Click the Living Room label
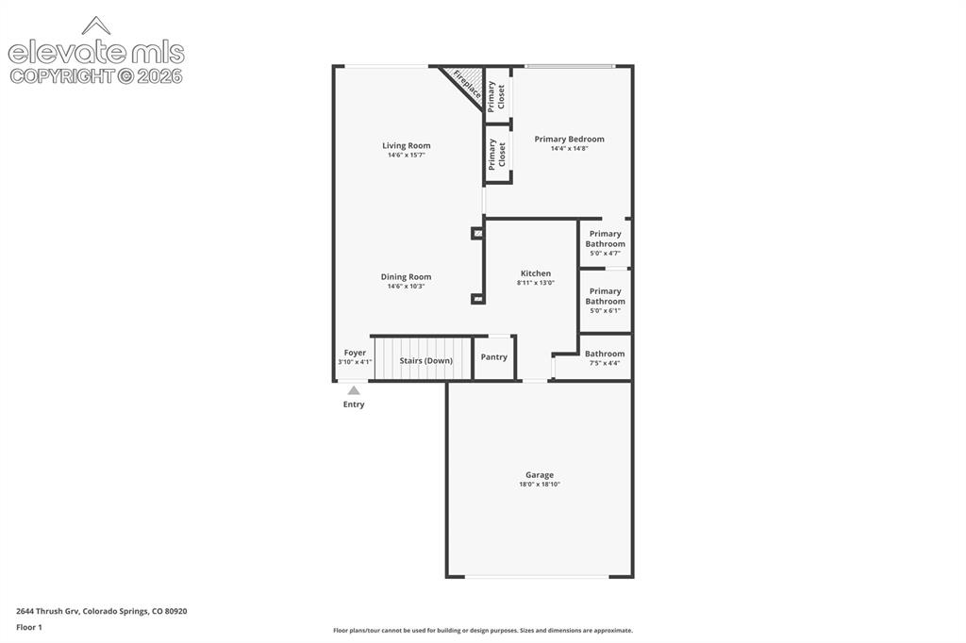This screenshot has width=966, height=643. click(x=406, y=145)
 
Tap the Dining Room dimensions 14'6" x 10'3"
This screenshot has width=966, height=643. click(x=406, y=287)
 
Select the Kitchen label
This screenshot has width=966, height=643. click(x=536, y=273)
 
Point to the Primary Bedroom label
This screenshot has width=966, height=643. click(x=569, y=140)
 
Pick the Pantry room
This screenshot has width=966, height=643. click(x=494, y=357)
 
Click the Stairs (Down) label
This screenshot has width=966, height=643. click(x=425, y=360)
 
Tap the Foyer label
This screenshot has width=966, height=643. click(x=355, y=353)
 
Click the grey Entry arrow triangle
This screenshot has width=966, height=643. click(x=354, y=390)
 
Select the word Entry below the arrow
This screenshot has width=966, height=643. click(x=354, y=404)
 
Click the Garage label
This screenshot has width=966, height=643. click(x=539, y=475)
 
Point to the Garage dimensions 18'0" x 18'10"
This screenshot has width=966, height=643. click(x=539, y=485)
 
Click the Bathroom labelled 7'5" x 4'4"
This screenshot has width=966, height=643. click(x=605, y=357)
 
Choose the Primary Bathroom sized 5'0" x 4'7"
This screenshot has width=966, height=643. click(x=605, y=242)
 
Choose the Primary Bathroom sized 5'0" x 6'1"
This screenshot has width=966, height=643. click(x=605, y=301)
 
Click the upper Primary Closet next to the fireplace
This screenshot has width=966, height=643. click(x=496, y=96)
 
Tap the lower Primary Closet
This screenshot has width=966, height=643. click(x=496, y=154)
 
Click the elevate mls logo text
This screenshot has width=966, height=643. click(x=96, y=53)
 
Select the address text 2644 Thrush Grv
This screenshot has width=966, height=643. click(x=47, y=612)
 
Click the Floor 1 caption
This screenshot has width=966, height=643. click(x=29, y=628)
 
